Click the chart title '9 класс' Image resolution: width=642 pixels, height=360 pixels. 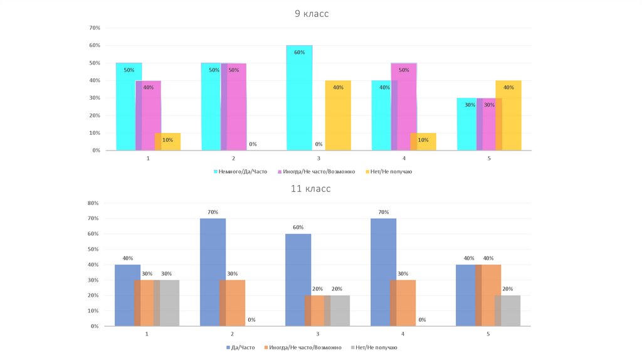312,14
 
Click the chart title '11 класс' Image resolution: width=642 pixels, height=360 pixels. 310,188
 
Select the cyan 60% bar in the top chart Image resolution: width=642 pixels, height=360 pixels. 299,100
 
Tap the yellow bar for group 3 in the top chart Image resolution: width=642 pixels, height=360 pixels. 338,116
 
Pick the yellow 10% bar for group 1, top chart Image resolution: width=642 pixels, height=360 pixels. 168,142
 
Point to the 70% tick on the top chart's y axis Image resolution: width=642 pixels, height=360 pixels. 95,28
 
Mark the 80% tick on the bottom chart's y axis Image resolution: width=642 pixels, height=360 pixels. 93,203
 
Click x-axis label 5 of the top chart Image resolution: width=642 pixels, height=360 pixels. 489,159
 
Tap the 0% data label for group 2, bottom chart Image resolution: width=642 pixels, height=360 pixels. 251,320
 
